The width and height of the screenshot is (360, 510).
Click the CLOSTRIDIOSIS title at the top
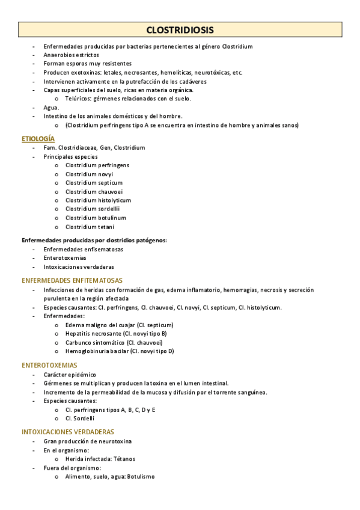tap(180, 30)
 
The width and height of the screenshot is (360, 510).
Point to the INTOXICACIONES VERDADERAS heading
tap(68, 432)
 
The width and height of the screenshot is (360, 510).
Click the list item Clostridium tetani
tap(90, 227)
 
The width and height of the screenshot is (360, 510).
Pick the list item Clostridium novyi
tap(89, 174)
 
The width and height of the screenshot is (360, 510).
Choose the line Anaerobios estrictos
tap(71, 55)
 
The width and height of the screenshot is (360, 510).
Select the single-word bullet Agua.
tap(51, 108)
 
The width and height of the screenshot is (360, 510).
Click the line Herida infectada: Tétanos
tap(100, 459)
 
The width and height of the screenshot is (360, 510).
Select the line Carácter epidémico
tap(69, 374)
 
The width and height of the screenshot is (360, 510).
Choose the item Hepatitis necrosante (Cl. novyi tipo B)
tap(116, 333)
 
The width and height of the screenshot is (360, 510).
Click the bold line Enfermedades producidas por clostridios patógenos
tap(94, 240)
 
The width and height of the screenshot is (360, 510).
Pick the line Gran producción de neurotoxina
tap(87, 441)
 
